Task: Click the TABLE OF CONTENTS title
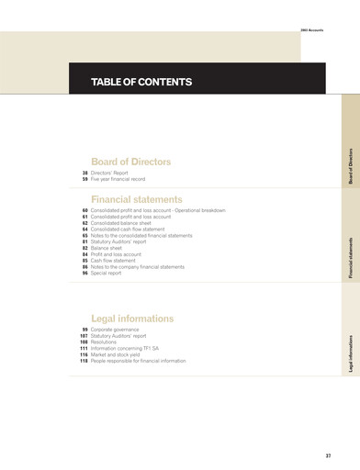[x=141, y=83]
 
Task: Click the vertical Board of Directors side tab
[x=350, y=166]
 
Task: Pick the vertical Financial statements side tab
[x=350, y=256]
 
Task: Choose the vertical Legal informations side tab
[x=350, y=352]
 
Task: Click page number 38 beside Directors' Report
[x=84, y=173]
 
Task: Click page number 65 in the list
[x=84, y=236]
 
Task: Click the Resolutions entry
[x=107, y=342]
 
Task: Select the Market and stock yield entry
[x=122, y=354]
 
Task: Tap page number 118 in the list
[x=83, y=361]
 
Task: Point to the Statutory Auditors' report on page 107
[x=125, y=336]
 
